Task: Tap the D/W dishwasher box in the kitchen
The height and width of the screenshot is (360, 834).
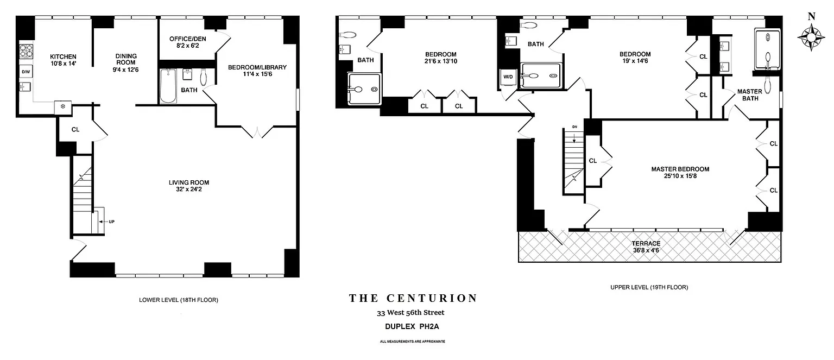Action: (x=26, y=72)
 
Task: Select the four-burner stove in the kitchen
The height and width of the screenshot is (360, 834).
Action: (x=26, y=51)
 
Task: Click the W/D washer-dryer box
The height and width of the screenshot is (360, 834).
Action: (x=508, y=77)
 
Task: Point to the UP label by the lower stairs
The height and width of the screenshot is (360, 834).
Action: (x=111, y=222)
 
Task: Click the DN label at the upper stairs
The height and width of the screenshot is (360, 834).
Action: (x=574, y=127)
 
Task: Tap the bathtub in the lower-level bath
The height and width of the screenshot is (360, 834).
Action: (x=168, y=86)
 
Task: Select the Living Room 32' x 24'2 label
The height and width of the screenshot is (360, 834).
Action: (x=189, y=186)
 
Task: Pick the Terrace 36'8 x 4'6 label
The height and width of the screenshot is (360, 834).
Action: (x=646, y=247)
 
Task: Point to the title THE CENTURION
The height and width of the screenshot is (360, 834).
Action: (x=413, y=298)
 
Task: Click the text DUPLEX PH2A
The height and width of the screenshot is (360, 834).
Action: (x=412, y=326)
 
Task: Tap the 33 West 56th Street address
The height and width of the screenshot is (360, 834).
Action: (x=410, y=313)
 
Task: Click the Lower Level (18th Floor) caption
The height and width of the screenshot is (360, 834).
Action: (x=178, y=300)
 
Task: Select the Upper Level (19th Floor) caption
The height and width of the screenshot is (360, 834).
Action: (x=649, y=287)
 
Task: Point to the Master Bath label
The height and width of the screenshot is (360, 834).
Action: (x=750, y=95)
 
